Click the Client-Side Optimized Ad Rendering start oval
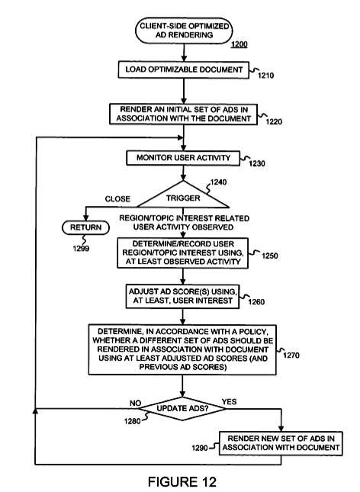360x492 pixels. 184,31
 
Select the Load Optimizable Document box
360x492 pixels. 184,69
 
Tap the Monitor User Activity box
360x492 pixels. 183,158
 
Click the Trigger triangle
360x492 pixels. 183,197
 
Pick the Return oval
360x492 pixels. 85,227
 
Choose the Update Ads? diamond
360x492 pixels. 182,409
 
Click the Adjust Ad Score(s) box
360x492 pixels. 182,296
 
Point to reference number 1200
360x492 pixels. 239,44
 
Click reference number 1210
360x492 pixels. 265,76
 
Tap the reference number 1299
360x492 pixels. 81,249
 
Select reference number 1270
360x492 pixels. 291,355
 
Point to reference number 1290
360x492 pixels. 200,448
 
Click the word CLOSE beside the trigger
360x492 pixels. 117,199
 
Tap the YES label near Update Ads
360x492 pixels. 229,402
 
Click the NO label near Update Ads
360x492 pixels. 135,403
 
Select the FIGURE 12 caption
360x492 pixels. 182,481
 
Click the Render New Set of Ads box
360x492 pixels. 281,443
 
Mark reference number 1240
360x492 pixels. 218,182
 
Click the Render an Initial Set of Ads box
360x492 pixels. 183,114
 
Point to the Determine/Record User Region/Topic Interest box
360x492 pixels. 182,253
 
